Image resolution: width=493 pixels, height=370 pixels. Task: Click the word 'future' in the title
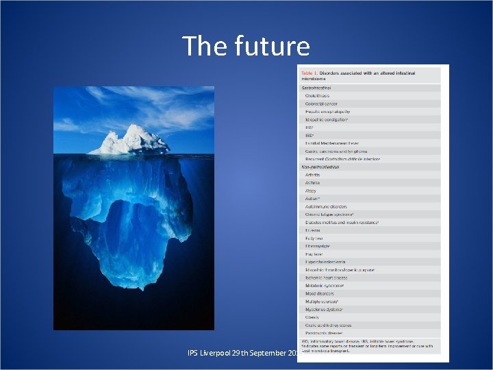pyautogui.click(x=273, y=47)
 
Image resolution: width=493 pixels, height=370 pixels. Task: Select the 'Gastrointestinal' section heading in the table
pyautogui.click(x=316, y=88)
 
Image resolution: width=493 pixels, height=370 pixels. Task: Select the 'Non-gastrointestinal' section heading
pyautogui.click(x=320, y=166)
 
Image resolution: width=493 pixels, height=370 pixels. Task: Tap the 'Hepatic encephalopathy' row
pyautogui.click(x=328, y=111)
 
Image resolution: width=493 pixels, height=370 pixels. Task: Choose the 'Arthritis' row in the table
pyautogui.click(x=313, y=175)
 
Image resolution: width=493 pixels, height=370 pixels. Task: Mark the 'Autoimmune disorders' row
pyautogui.click(x=326, y=206)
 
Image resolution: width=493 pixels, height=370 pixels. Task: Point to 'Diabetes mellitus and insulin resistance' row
pyautogui.click(x=342, y=222)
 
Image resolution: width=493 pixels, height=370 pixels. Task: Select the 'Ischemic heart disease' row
pyautogui.click(x=327, y=277)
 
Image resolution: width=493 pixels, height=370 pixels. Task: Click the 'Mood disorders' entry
pyautogui.click(x=320, y=293)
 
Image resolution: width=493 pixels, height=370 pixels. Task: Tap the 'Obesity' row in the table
pyautogui.click(x=312, y=317)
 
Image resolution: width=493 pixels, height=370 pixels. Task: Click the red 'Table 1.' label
pyautogui.click(x=309, y=73)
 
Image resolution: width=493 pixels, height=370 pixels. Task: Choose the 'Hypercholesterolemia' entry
pyautogui.click(x=326, y=262)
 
